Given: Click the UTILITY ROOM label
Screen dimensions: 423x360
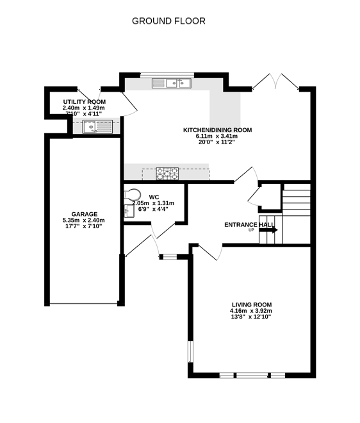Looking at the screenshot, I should coord(84,102).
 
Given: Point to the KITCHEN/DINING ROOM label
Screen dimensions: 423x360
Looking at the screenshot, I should coord(217,129).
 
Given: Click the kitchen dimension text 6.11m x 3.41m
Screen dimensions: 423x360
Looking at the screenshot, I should coord(217,136).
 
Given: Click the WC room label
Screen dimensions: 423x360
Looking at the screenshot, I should coord(154,197).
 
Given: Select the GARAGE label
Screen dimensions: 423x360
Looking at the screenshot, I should coord(84,214).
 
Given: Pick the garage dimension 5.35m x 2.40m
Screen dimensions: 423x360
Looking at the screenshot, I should coord(84,220).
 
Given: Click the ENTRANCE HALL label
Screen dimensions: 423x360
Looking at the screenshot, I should coord(249,224).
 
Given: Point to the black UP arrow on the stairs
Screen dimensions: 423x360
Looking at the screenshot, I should coord(269,229).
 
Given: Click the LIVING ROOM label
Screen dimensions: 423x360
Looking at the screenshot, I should coord(252,304).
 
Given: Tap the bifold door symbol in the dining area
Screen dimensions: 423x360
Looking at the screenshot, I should coord(276,81).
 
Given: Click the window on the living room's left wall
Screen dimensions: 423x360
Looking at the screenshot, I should coord(190,352).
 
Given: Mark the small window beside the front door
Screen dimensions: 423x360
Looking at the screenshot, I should coord(170,257).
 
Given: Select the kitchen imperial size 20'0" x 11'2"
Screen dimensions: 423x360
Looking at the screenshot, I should coord(217,142).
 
